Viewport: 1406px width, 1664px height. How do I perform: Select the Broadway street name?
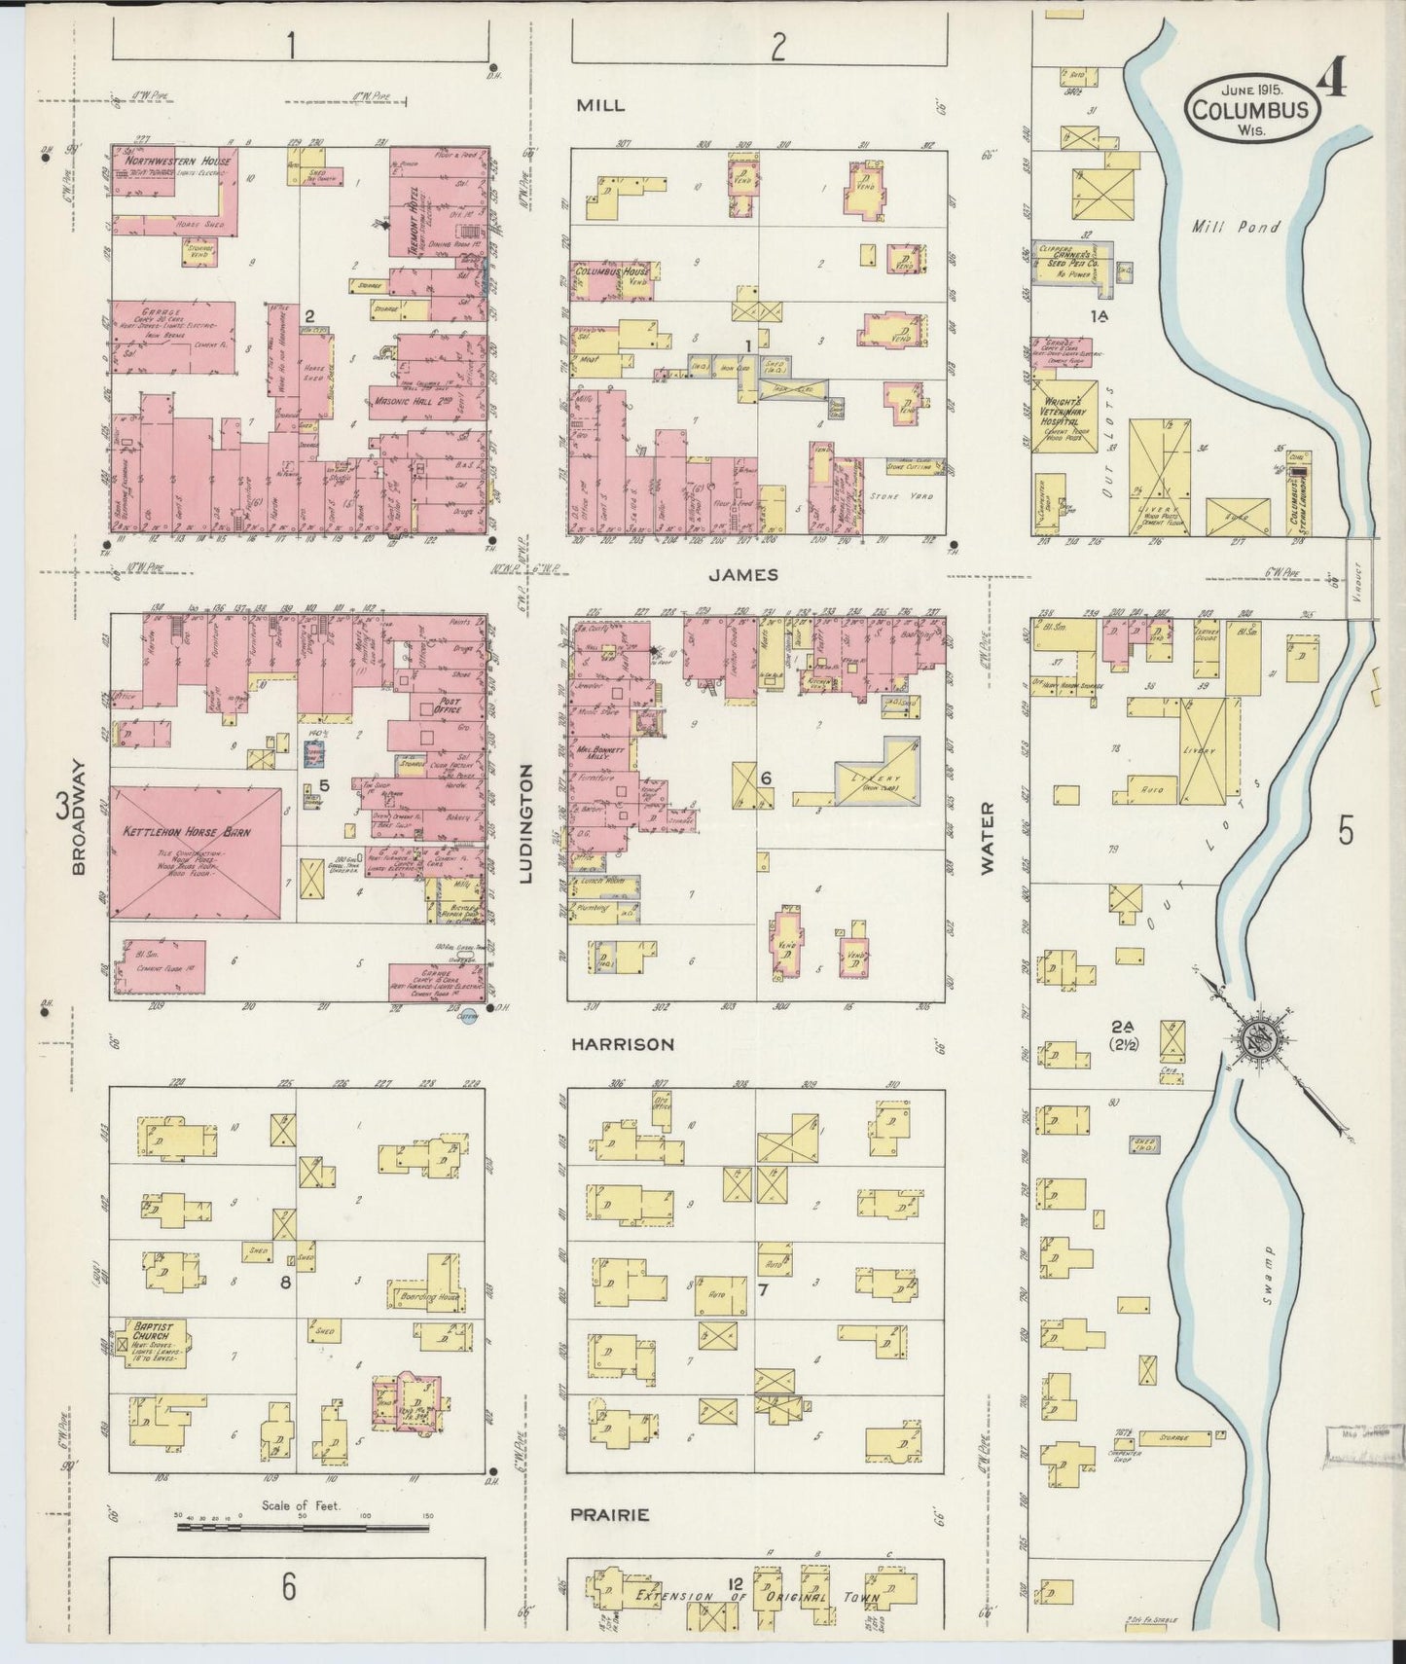point(80,817)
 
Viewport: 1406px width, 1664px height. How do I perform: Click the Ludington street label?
point(526,822)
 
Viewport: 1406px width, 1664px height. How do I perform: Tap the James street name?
point(742,574)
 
